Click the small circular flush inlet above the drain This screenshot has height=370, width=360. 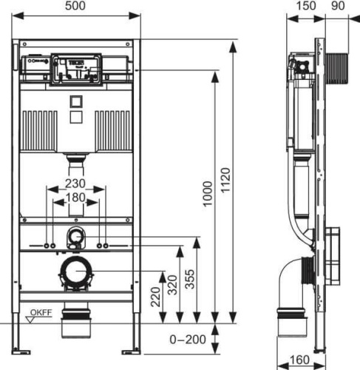coord(75,238)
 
